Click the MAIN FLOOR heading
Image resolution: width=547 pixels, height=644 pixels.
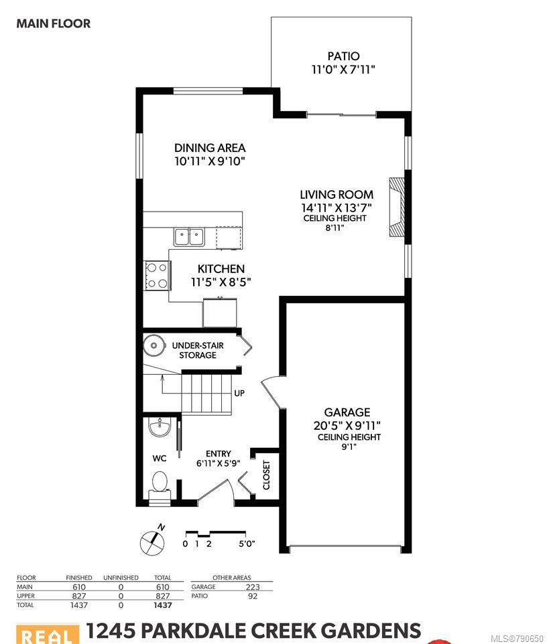54,23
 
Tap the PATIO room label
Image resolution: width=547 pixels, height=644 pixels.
343,56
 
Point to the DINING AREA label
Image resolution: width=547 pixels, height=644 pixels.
210,148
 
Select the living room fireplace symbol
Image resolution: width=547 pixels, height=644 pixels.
396,207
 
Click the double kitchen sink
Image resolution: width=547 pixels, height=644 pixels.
189,237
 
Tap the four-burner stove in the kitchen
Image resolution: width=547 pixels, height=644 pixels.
157,276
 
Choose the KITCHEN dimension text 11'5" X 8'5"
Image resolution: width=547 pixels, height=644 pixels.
221,282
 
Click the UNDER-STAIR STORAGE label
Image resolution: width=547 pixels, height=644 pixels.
198,350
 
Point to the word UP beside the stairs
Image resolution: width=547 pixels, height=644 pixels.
239,393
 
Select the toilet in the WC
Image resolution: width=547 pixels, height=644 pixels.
160,484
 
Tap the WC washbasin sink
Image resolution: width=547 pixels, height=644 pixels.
159,427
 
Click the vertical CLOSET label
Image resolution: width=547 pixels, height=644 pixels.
267,475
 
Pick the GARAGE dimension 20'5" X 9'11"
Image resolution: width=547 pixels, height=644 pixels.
347,425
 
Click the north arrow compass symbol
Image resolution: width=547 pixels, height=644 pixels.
153,542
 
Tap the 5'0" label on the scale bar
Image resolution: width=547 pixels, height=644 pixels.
247,544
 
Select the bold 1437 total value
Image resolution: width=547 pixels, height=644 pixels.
163,605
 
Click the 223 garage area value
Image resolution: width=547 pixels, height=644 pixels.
253,587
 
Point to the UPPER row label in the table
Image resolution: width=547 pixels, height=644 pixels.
26,596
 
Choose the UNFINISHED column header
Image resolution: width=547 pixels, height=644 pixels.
121,578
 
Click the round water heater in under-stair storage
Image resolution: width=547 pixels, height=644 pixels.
154,345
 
